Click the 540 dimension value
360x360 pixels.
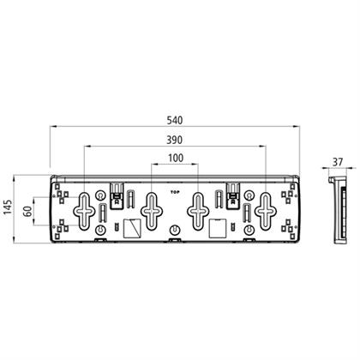click(x=175, y=120)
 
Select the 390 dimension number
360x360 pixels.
click(x=175, y=140)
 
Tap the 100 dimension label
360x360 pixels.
click(x=176, y=158)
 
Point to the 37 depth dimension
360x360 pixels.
click(x=338, y=162)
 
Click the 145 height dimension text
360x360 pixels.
click(x=8, y=207)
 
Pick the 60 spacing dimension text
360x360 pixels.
click(x=27, y=212)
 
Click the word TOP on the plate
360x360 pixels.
click(x=174, y=192)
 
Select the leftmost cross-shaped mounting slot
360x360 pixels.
click(x=84, y=211)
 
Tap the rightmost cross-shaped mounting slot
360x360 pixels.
click(x=266, y=211)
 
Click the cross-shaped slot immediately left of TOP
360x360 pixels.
click(x=152, y=211)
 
